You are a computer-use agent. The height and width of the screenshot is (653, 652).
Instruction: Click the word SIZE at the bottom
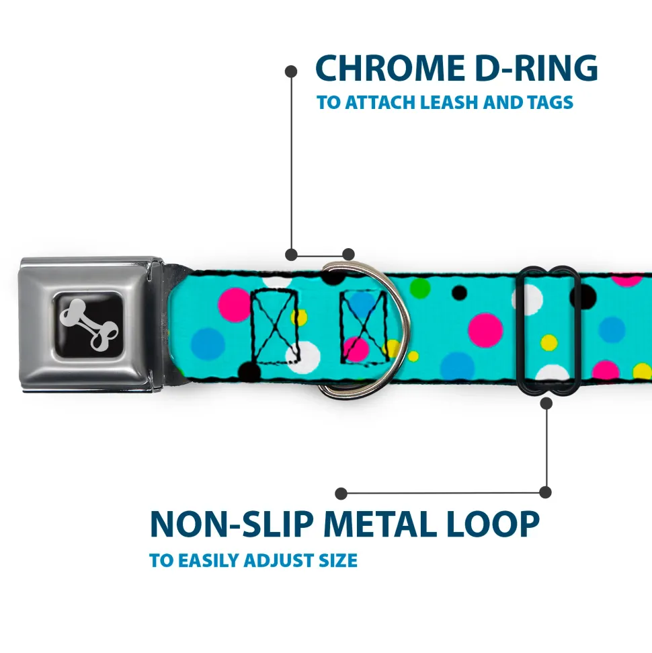click(338, 560)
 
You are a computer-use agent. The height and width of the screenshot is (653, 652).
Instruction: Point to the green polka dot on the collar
click(420, 288)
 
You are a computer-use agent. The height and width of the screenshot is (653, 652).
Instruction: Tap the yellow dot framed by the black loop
click(549, 342)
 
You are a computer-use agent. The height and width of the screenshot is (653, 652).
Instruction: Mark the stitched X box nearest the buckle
click(274, 327)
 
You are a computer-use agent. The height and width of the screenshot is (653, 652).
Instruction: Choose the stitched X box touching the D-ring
click(363, 327)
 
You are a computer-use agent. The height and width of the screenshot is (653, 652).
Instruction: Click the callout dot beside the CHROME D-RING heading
click(291, 71)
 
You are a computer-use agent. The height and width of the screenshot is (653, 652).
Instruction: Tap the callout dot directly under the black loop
click(546, 404)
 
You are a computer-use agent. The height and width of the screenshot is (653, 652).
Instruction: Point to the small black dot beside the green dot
click(459, 293)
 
